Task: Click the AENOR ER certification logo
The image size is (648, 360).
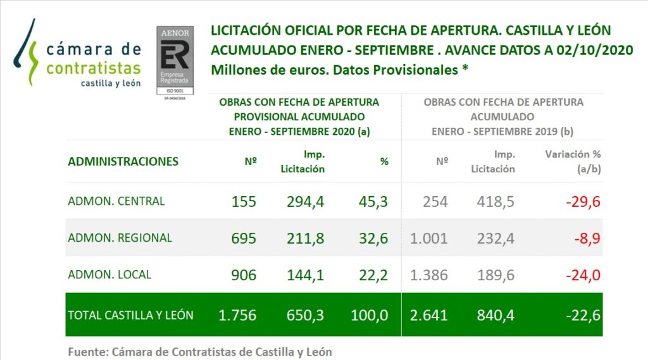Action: point(175,62)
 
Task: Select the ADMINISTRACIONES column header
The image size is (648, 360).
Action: point(123,161)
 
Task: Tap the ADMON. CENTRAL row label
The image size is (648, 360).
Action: point(116,201)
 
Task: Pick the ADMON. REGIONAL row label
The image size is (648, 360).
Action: point(120,238)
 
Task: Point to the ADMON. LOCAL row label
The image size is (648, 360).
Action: point(109,275)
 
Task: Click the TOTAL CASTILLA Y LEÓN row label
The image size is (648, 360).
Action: point(130,314)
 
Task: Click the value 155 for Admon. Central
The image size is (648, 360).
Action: point(244,202)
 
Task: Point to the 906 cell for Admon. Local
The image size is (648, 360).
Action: point(244,275)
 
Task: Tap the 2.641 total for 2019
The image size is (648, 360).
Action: point(428,315)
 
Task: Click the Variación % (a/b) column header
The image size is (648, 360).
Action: point(573,161)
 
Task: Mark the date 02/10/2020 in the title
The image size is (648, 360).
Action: point(589,50)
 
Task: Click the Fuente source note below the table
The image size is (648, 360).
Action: point(199,352)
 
